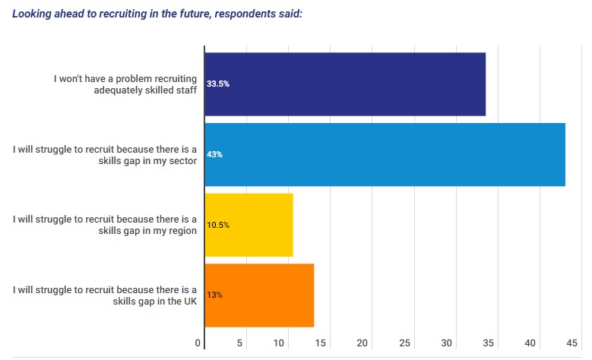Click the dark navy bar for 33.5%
pyautogui.click(x=345, y=84)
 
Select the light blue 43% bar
pyautogui.click(x=385, y=154)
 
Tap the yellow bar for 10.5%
pyautogui.click(x=249, y=225)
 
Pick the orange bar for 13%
pyautogui.click(x=259, y=295)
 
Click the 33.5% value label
pyautogui.click(x=218, y=84)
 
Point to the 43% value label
pyautogui.click(x=214, y=155)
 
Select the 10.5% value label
pyautogui.click(x=218, y=226)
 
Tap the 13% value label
pyautogui.click(x=214, y=295)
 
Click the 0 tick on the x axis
pyautogui.click(x=199, y=343)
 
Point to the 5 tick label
pyautogui.click(x=239, y=343)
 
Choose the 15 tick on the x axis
pyautogui.click(x=321, y=343)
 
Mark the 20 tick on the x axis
pyautogui.click(x=362, y=343)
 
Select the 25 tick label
pyautogui.click(x=404, y=343)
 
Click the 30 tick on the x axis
pyautogui.click(x=446, y=343)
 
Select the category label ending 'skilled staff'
pyautogui.click(x=146, y=90)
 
